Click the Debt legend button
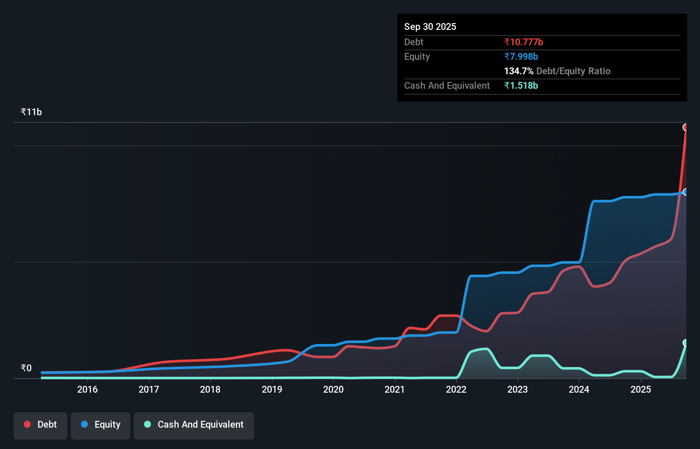click(40, 425)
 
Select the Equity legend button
click(101, 425)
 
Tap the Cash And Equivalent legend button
click(194, 425)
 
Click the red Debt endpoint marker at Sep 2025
click(686, 127)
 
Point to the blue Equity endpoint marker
click(686, 192)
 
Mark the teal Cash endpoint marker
click(686, 343)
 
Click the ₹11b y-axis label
click(31, 112)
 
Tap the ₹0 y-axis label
click(26, 368)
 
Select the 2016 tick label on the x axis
click(87, 389)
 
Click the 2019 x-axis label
click(272, 389)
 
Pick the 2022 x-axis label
click(456, 389)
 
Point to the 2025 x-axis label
click(641, 389)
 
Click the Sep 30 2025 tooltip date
click(430, 26)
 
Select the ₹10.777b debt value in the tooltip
click(524, 42)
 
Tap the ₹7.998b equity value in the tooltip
click(521, 56)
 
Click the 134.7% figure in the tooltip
click(518, 71)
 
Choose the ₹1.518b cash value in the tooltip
click(521, 85)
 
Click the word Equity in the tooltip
click(417, 56)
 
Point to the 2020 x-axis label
click(333, 389)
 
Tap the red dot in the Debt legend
click(27, 424)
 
